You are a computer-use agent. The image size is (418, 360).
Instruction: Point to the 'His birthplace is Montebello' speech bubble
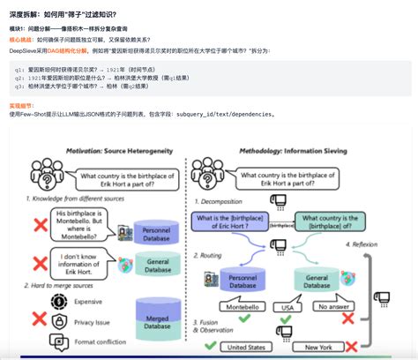pos(79,225)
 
